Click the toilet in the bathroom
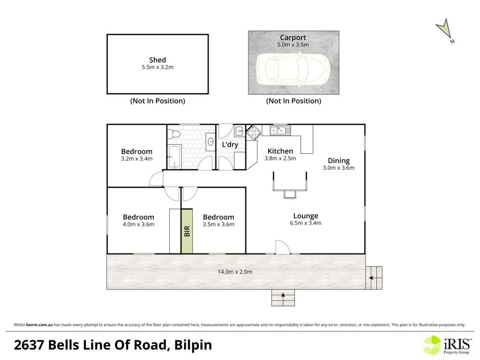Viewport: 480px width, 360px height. [175, 134]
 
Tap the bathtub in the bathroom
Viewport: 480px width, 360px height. [174, 157]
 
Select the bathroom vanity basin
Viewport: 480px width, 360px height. [210, 142]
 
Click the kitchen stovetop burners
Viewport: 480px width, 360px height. [254, 132]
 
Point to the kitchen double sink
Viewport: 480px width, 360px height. [280, 130]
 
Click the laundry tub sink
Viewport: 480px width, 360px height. [240, 132]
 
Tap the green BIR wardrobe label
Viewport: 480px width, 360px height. [187, 231]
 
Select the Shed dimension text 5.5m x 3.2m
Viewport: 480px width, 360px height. [157, 67]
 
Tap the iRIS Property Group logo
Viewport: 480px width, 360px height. [447, 345]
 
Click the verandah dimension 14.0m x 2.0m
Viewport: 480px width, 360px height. [235, 271]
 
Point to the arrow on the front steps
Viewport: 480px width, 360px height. [283, 295]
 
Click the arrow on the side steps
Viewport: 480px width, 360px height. [371, 278]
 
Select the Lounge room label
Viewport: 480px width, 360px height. [306, 216]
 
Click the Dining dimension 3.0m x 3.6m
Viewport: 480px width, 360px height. [338, 168]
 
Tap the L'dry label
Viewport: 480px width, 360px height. [230, 144]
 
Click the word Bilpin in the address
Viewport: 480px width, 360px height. [193, 345]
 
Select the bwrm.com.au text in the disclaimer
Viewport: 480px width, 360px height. [39, 325]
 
